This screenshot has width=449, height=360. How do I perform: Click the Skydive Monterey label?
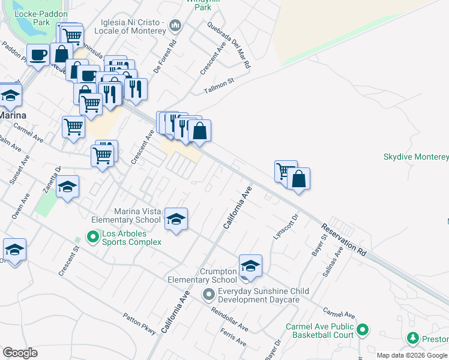pyautogui.click(x=416, y=157)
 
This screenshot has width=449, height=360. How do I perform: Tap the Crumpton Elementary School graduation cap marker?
pyautogui.click(x=250, y=266)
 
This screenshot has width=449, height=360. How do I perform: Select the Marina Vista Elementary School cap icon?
pyautogui.click(x=176, y=219)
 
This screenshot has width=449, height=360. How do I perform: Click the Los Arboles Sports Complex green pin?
pyautogui.click(x=93, y=237)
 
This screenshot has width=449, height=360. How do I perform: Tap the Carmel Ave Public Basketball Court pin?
pyautogui.click(x=363, y=329)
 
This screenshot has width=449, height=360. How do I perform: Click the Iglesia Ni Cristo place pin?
pyautogui.click(x=175, y=25)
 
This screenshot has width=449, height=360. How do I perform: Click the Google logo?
pyautogui.click(x=20, y=353)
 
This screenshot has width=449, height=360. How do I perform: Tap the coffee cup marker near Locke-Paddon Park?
pyautogui.click(x=38, y=55)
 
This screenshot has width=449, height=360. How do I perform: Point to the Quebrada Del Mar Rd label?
pyautogui.click(x=229, y=46)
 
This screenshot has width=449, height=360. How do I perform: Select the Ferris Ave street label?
pyautogui.click(x=234, y=337)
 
